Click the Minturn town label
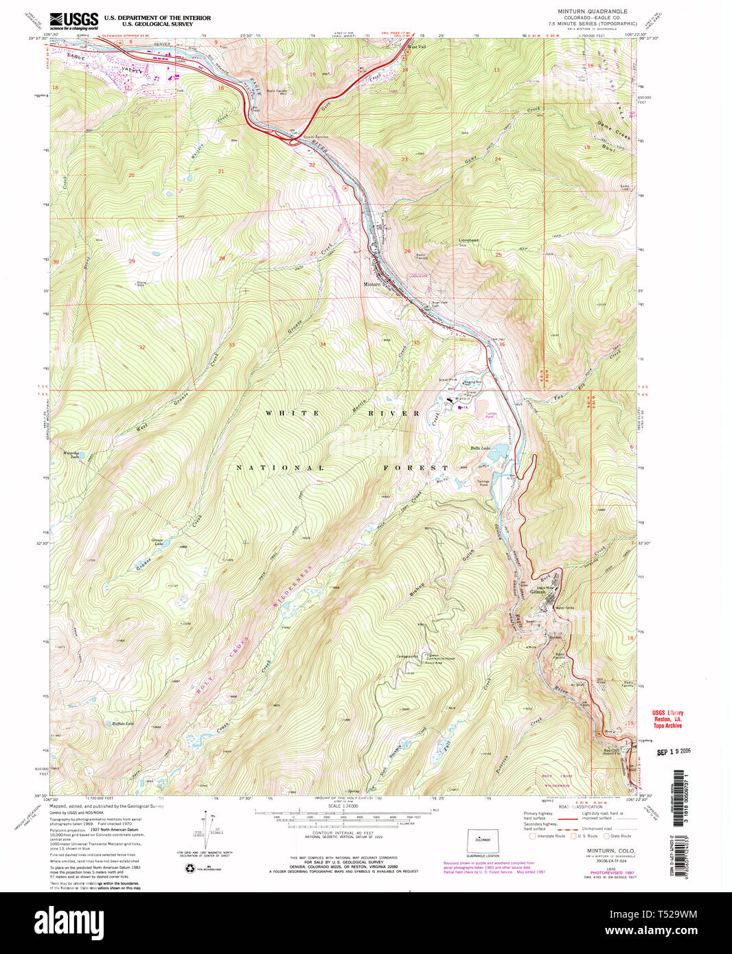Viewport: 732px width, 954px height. (x=371, y=284)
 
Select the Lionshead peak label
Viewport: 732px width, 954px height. (x=468, y=240)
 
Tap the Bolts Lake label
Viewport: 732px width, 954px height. (x=479, y=447)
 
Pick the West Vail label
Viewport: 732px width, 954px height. (x=417, y=47)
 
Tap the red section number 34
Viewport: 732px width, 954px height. (x=322, y=344)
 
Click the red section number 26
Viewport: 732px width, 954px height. (x=407, y=251)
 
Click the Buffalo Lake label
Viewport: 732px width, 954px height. (x=123, y=723)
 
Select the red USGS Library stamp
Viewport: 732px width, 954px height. (x=667, y=719)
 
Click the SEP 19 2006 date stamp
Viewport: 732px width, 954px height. (x=674, y=752)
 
